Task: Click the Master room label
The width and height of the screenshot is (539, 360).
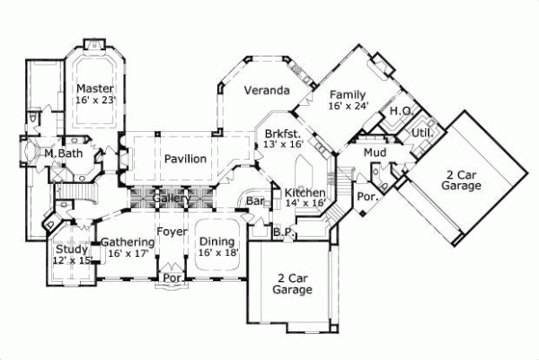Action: (93, 88)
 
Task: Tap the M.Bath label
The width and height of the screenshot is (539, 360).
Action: (63, 154)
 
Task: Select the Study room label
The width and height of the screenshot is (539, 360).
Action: (71, 249)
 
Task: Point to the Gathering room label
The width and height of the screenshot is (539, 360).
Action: (126, 241)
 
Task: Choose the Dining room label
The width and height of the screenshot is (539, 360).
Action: (216, 241)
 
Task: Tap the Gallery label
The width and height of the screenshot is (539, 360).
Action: (171, 198)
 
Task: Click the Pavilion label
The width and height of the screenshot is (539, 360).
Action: (185, 159)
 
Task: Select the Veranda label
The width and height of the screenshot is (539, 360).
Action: (269, 92)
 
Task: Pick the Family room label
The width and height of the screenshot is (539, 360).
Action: (347, 94)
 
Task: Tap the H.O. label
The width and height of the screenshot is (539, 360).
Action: (400, 111)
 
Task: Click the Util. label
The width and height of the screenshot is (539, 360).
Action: (422, 133)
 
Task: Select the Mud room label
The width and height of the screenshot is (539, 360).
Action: (375, 154)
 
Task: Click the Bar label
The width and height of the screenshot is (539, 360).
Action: (255, 204)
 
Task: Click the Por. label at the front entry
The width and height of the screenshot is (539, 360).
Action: (171, 278)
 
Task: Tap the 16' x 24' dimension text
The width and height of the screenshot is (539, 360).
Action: (349, 106)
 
